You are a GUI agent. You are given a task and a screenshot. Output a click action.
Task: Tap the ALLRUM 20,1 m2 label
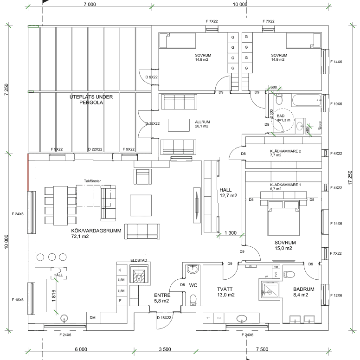[202, 124]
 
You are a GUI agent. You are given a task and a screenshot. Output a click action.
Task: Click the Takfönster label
[92, 181]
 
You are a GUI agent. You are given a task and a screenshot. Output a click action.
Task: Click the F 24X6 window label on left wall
[18, 214]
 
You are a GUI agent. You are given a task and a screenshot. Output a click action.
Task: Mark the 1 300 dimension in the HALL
[231, 232]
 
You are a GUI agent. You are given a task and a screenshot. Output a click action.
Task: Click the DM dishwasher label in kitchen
[93, 318]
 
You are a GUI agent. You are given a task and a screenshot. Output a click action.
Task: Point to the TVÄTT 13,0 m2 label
[226, 291]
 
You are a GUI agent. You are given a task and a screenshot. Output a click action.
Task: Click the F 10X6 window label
[336, 104]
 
